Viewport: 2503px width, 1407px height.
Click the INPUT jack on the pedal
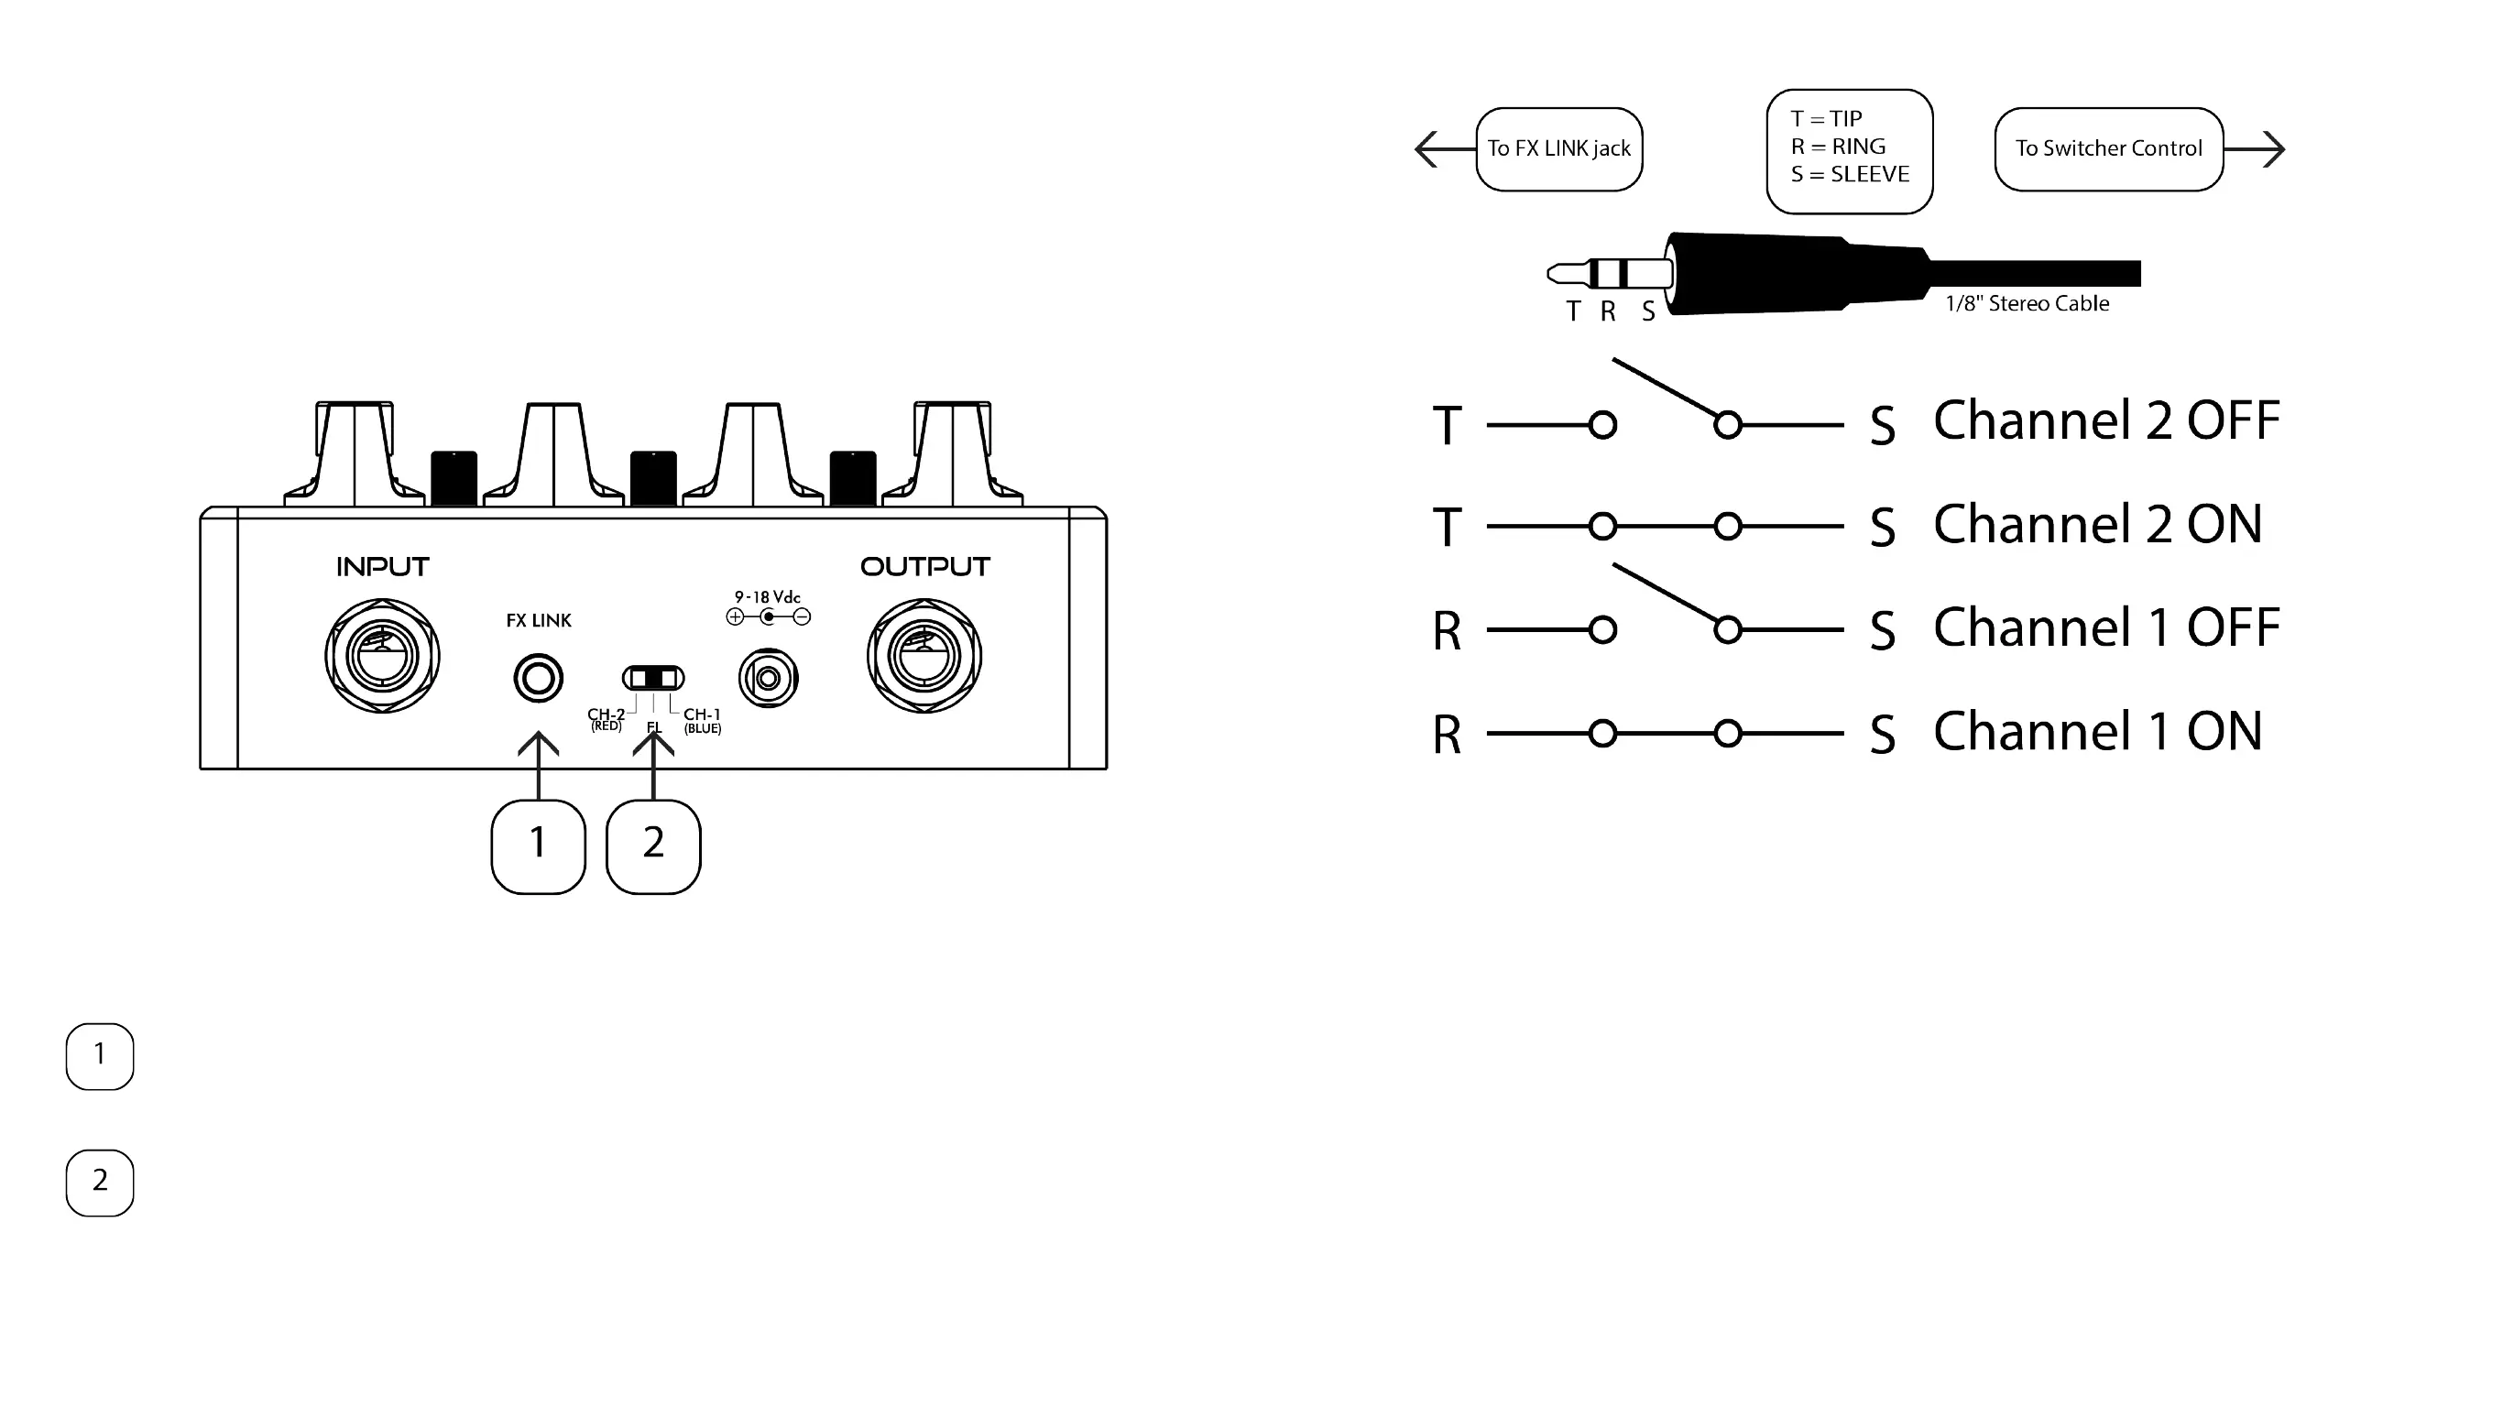pos(382,657)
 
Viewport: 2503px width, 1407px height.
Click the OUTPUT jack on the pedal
pos(924,657)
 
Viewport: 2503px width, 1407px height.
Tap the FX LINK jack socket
pos(539,677)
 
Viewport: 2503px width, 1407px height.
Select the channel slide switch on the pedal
pos(653,677)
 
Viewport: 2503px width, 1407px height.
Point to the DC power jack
pos(768,677)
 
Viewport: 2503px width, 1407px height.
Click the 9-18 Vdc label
pos(768,596)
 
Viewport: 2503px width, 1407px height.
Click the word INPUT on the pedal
pos(382,566)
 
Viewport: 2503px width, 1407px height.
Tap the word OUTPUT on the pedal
pos(924,566)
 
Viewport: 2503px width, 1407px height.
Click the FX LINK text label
pos(539,620)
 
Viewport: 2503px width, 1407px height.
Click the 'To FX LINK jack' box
pos(1558,148)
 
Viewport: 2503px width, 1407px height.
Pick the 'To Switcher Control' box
pos(2108,148)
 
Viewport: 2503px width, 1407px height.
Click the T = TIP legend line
pos(1826,118)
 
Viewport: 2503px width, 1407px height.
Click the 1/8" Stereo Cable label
pos(2027,303)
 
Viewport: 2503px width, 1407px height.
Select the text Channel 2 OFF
pos(2105,420)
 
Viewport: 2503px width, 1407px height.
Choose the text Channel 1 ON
pos(2097,731)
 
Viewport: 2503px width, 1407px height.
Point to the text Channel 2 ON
pos(2097,524)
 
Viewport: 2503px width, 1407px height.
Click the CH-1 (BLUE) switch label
pos(702,720)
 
